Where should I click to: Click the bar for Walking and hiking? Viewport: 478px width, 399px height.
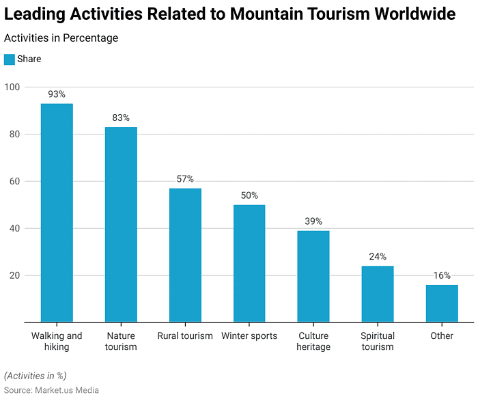click(57, 212)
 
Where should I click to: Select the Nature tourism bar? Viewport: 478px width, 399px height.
click(121, 224)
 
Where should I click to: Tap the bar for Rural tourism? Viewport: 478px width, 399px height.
click(185, 255)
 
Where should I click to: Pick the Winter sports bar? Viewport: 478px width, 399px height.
click(249, 263)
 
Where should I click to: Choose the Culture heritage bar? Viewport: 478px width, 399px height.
click(313, 276)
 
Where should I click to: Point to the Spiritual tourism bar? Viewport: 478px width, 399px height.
click(378, 294)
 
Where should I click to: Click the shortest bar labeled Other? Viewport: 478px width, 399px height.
click(442, 303)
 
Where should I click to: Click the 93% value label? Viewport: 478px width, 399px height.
click(57, 94)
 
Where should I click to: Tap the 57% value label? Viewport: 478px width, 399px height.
click(185, 178)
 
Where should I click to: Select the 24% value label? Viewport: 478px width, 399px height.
click(378, 256)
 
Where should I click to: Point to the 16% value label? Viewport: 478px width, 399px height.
click(442, 275)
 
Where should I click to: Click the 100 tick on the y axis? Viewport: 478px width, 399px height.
click(12, 87)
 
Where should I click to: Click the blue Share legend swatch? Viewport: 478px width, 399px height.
click(9, 59)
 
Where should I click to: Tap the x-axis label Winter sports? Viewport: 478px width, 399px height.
click(249, 335)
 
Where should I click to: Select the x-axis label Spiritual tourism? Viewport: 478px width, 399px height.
click(378, 341)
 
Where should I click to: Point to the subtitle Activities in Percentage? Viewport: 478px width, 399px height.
click(61, 38)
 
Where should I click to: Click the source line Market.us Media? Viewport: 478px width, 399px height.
click(51, 390)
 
